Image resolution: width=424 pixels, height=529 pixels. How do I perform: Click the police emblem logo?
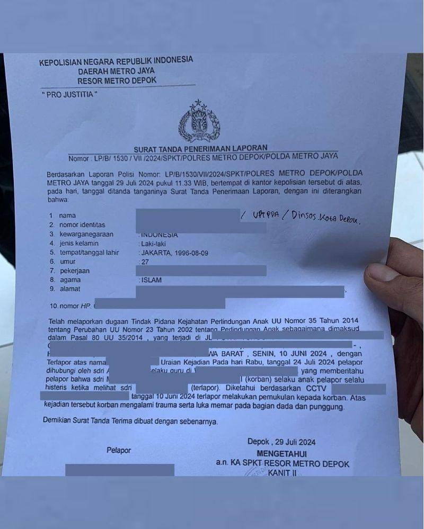[199, 121]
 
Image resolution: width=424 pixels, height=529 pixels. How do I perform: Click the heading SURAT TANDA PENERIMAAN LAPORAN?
[200, 148]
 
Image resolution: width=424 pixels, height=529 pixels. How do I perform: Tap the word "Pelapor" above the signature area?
[119, 451]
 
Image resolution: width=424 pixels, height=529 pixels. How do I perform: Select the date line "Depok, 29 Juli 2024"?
[281, 442]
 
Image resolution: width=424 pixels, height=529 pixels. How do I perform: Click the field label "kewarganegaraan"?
[87, 234]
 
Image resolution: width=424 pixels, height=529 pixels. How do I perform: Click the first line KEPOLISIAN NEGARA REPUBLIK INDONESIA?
[116, 61]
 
